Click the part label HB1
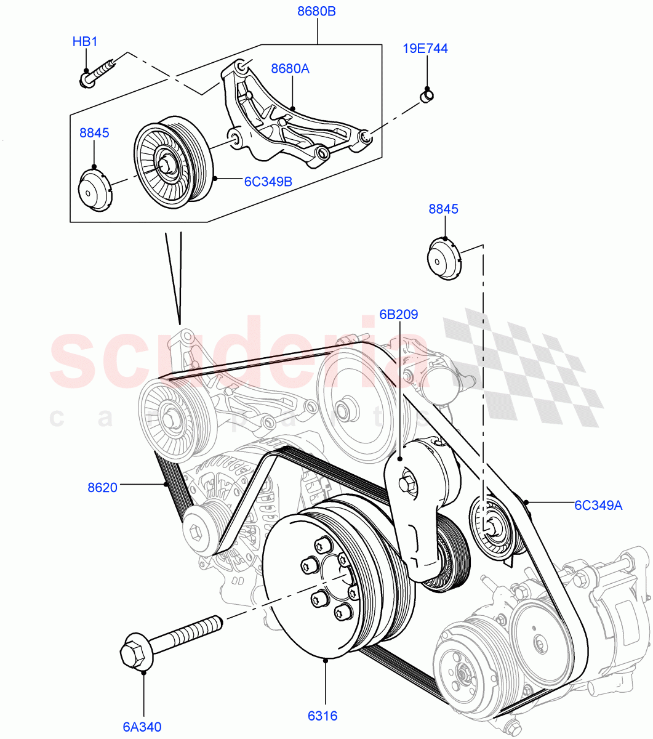click(x=85, y=42)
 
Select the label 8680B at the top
click(x=316, y=12)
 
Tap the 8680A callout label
click(x=290, y=68)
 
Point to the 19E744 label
click(x=425, y=48)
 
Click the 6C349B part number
click(x=268, y=181)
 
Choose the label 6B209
click(x=398, y=314)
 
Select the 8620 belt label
click(x=102, y=488)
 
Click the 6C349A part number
click(x=598, y=505)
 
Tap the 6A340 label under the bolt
click(x=142, y=727)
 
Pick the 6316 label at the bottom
click(x=323, y=716)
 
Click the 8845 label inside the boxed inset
click(x=94, y=132)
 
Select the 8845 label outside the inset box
click(x=443, y=209)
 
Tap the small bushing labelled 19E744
click(x=427, y=95)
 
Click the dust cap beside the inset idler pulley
click(x=94, y=191)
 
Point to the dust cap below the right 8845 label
click(x=443, y=260)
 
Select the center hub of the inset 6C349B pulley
click(x=166, y=164)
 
